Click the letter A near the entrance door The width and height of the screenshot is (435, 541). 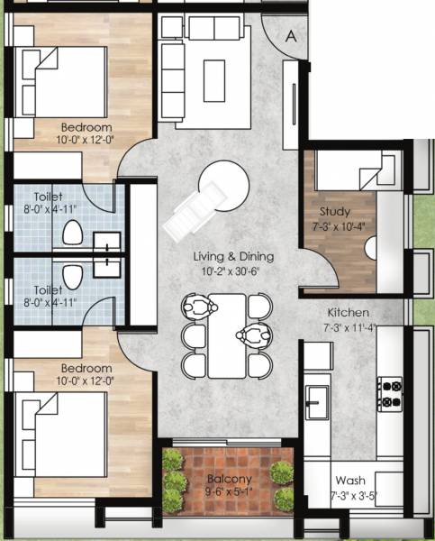291,36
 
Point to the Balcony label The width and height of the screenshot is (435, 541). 228,478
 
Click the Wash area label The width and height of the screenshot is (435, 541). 349,481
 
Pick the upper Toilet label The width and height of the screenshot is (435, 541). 49,196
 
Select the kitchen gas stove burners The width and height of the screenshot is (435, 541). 392,392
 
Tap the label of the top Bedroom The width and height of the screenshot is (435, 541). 86,127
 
